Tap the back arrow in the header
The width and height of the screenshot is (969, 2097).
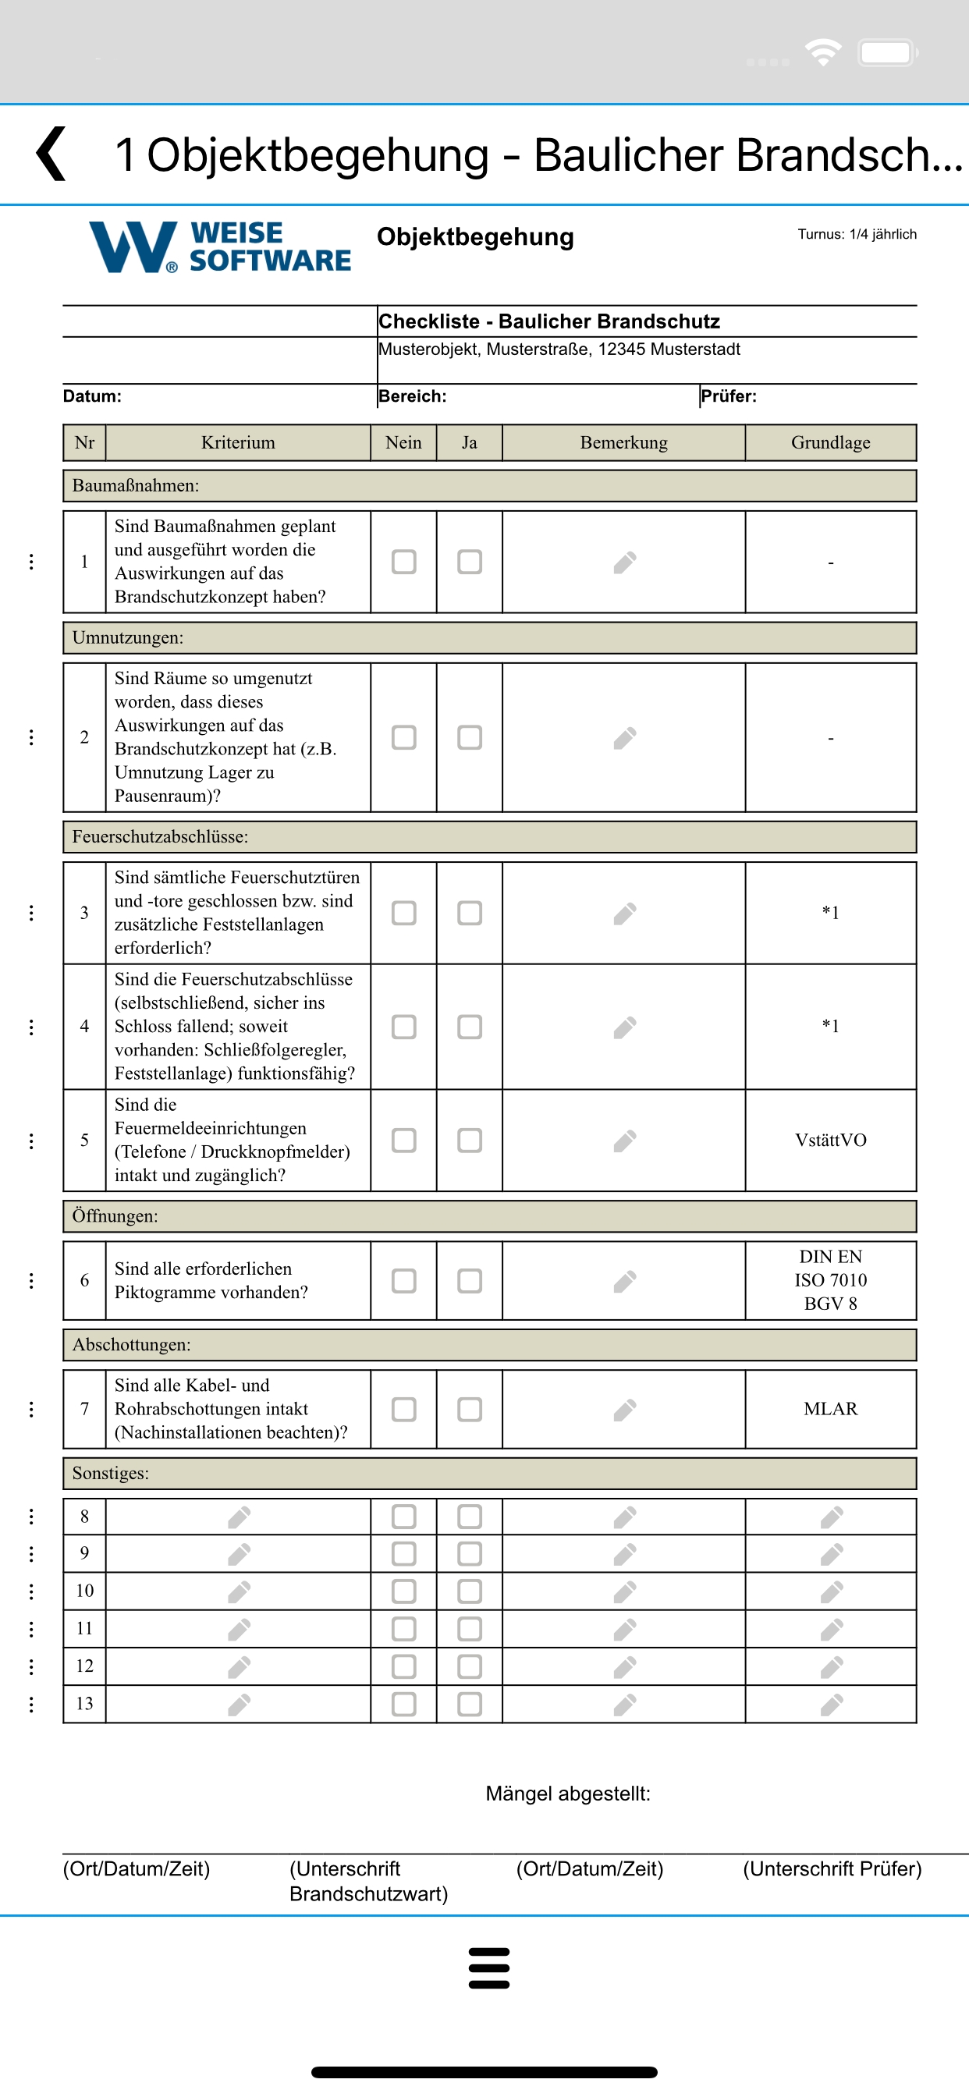(51, 154)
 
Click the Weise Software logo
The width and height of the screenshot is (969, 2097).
(220, 247)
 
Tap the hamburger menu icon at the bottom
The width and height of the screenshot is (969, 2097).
(488, 1967)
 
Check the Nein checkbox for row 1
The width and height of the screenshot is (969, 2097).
(404, 562)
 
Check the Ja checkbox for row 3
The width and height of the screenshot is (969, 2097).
(470, 913)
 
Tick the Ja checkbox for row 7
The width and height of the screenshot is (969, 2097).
(470, 1409)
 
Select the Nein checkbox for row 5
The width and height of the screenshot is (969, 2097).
(404, 1140)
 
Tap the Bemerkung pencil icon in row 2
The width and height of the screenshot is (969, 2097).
(625, 737)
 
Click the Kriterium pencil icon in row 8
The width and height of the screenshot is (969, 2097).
(239, 1517)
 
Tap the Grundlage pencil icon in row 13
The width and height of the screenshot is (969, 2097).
(832, 1704)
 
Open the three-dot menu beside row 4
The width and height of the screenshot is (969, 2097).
(32, 1027)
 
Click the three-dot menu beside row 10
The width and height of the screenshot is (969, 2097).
(32, 1591)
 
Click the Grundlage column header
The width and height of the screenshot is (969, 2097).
(831, 442)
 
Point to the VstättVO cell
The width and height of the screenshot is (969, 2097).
(831, 1140)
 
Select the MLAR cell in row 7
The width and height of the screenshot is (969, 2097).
(831, 1409)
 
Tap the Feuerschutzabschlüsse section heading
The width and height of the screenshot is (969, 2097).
(161, 837)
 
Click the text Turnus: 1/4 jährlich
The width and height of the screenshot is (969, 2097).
(857, 235)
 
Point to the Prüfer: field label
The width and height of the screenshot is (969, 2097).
(729, 396)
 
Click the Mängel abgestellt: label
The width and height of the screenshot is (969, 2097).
(567, 1794)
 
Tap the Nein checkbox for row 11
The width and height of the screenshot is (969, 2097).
(404, 1628)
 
